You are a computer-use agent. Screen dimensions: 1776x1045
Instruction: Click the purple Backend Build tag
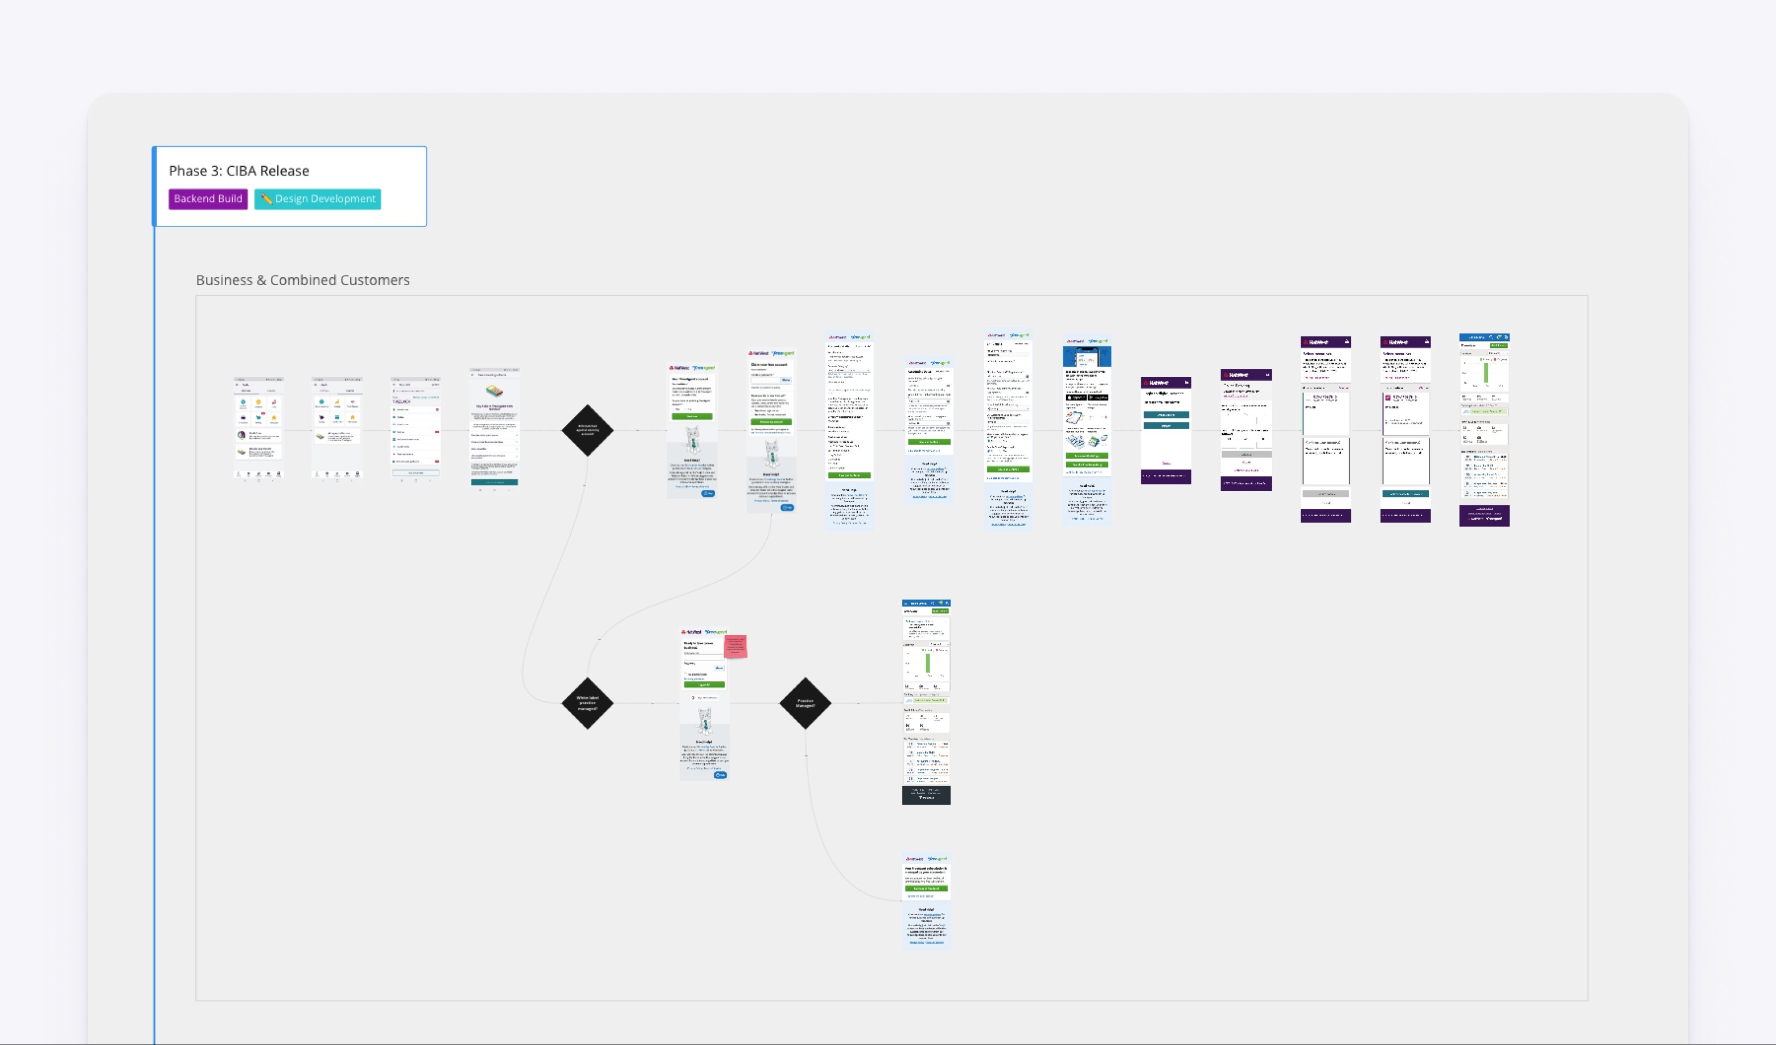point(208,199)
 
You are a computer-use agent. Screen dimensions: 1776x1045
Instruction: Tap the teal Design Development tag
point(318,199)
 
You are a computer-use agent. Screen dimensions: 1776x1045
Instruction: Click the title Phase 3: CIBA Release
point(239,171)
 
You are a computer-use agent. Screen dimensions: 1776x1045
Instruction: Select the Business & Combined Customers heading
point(302,279)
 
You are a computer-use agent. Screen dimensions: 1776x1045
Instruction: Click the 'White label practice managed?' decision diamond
point(587,703)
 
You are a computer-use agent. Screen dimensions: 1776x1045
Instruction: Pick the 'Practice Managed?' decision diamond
point(805,703)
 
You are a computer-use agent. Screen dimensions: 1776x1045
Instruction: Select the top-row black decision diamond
point(587,430)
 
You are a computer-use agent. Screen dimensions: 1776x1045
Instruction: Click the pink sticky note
point(735,646)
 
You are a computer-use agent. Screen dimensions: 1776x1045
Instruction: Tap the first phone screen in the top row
point(258,429)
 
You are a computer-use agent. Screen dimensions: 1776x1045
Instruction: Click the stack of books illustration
point(494,391)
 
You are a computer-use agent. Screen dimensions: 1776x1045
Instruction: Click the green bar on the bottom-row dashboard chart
point(927,663)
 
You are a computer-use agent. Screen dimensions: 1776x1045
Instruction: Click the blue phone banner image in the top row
point(1087,356)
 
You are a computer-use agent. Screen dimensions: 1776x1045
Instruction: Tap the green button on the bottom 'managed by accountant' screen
point(926,888)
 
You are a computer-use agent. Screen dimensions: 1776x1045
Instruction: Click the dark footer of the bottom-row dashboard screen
point(926,795)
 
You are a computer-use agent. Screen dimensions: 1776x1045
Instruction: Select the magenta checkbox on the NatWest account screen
point(1388,398)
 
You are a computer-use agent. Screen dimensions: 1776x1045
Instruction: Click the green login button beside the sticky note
point(704,684)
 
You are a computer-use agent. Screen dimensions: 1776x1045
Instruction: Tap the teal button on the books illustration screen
point(494,482)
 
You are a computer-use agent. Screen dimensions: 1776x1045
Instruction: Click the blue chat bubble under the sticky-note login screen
point(720,775)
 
